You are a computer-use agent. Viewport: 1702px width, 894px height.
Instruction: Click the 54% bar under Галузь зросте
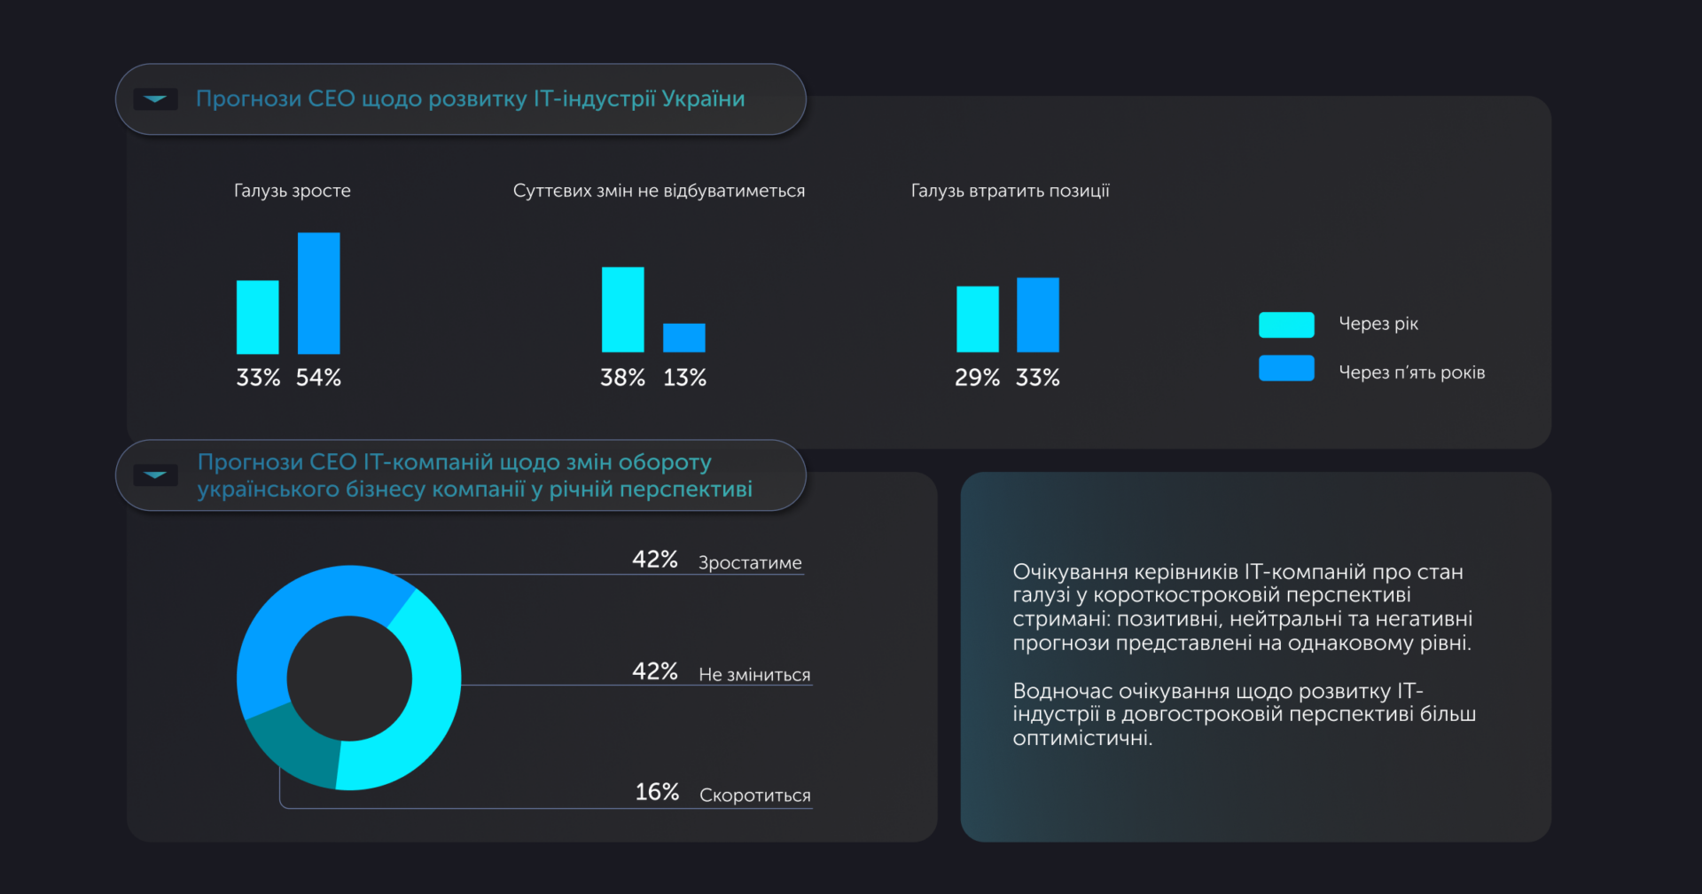(x=318, y=294)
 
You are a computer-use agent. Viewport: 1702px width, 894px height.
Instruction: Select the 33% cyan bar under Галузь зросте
(x=257, y=318)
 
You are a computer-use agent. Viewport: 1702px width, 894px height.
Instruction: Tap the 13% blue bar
(x=684, y=338)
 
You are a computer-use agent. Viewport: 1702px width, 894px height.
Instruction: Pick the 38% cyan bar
(x=622, y=310)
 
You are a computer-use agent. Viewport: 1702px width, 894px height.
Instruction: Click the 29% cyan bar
(x=977, y=319)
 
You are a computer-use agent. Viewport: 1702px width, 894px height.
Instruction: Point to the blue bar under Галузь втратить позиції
(x=1037, y=315)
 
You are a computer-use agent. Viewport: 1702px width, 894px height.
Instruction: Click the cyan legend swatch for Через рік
(x=1286, y=325)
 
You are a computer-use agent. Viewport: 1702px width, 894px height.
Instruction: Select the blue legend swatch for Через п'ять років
(x=1286, y=368)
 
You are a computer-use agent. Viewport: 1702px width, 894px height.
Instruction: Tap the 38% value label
(x=622, y=378)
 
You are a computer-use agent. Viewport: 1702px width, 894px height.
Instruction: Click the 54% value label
(x=318, y=378)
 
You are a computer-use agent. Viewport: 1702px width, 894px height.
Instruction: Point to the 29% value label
(x=977, y=378)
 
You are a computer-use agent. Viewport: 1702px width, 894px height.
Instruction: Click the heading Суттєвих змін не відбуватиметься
(x=659, y=191)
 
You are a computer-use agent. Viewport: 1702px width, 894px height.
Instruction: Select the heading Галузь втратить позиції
(x=1010, y=191)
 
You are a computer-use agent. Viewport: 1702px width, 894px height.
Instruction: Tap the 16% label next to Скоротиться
(x=657, y=792)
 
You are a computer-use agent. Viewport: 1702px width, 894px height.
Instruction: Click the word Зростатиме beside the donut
(x=750, y=562)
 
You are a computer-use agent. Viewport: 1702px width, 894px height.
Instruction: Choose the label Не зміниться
(x=754, y=674)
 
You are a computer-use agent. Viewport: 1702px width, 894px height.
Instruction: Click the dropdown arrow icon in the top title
(x=155, y=98)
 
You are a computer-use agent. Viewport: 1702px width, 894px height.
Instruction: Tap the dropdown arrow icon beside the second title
(x=155, y=474)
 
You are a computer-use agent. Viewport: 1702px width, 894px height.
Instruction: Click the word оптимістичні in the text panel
(x=1081, y=738)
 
